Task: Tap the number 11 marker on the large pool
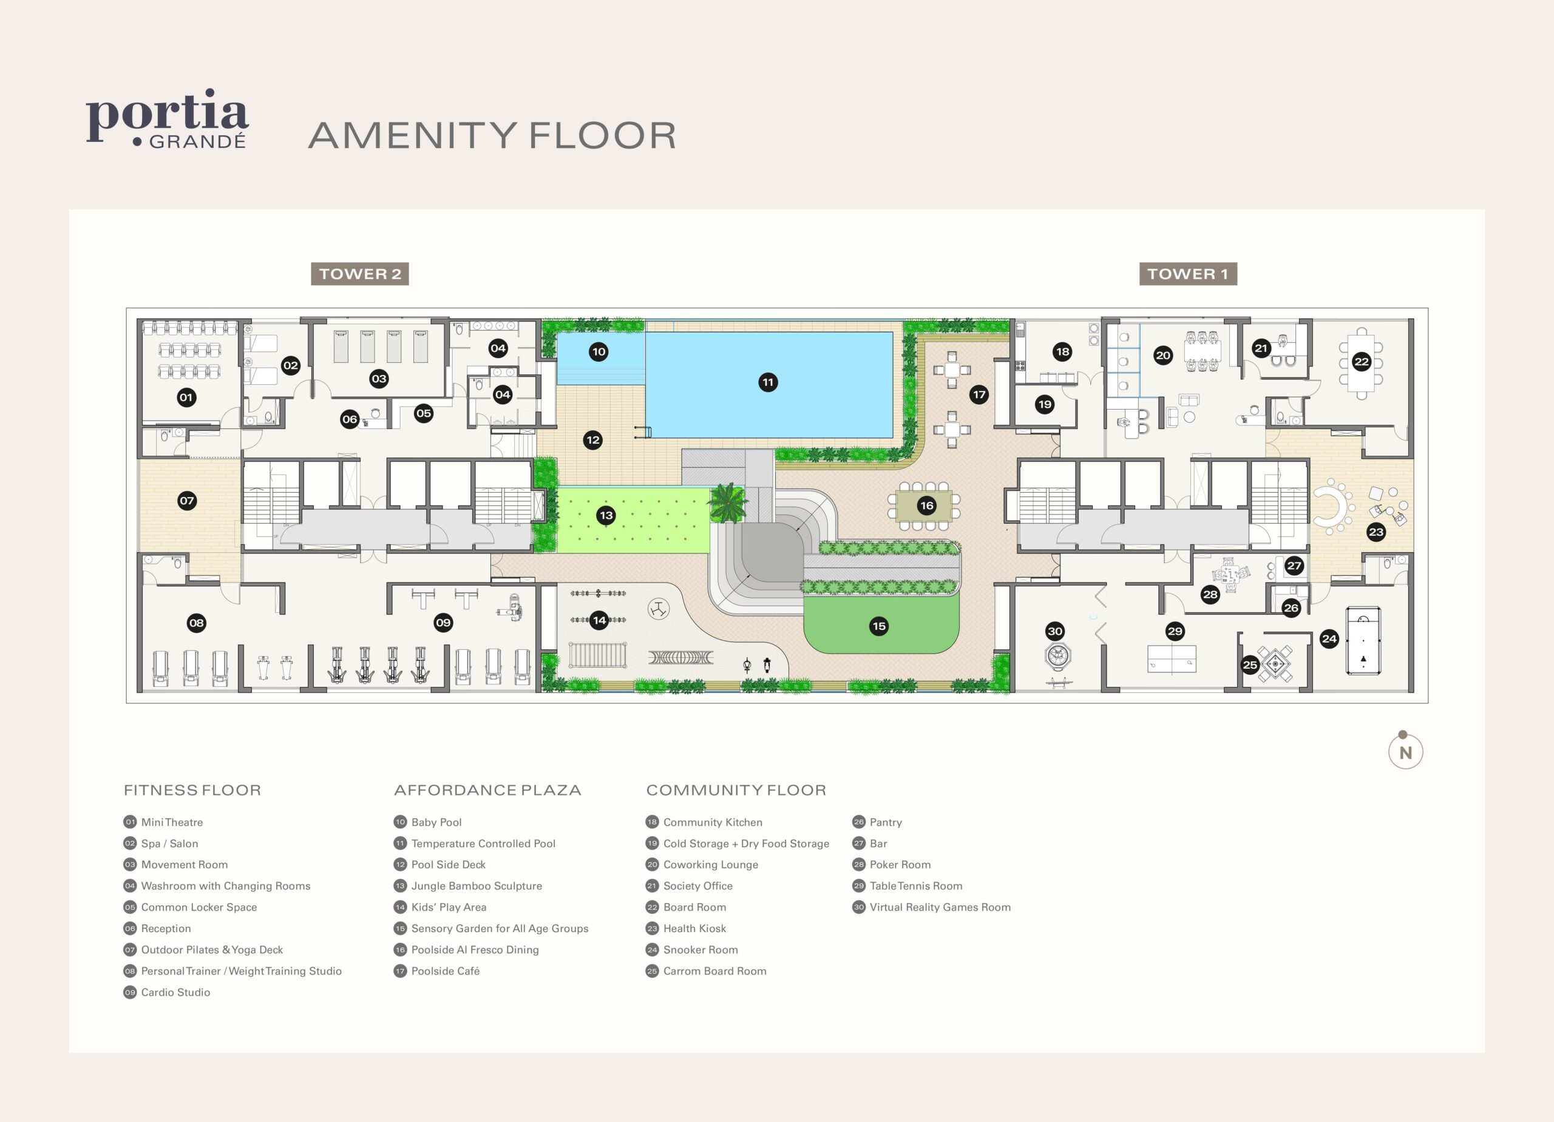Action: (767, 382)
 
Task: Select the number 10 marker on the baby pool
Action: (598, 352)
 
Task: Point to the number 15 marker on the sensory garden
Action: (878, 626)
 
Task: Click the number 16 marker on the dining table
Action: (926, 505)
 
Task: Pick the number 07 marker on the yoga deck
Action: (186, 501)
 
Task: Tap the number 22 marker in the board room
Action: (1361, 362)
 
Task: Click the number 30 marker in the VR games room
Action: (1054, 632)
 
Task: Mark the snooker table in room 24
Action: (1363, 640)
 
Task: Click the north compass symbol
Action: (1405, 751)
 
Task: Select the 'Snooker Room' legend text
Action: (701, 950)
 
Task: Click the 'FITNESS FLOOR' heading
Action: (192, 790)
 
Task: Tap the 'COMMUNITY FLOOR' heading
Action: (736, 790)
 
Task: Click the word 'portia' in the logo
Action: (166, 113)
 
